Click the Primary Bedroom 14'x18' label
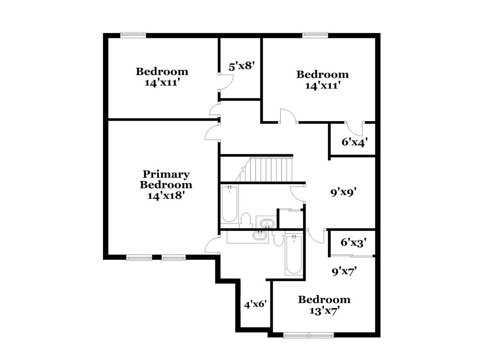[166, 185]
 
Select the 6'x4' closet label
[355, 142]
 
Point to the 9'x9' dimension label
[344, 193]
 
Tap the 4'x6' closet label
[256, 305]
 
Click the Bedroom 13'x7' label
[324, 305]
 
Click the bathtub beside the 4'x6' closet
[294, 255]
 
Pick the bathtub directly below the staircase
[229, 204]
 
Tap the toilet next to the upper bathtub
[246, 220]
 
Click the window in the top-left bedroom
[133, 35]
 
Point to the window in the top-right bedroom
[315, 35]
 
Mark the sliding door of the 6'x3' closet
[352, 256]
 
